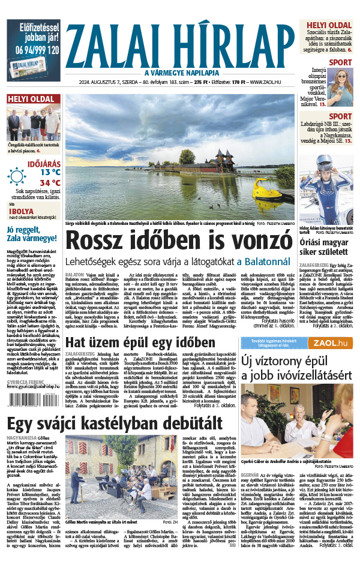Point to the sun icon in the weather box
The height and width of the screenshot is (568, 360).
tap(17, 175)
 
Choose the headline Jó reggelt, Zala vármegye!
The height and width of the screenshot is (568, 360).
tap(32, 234)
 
